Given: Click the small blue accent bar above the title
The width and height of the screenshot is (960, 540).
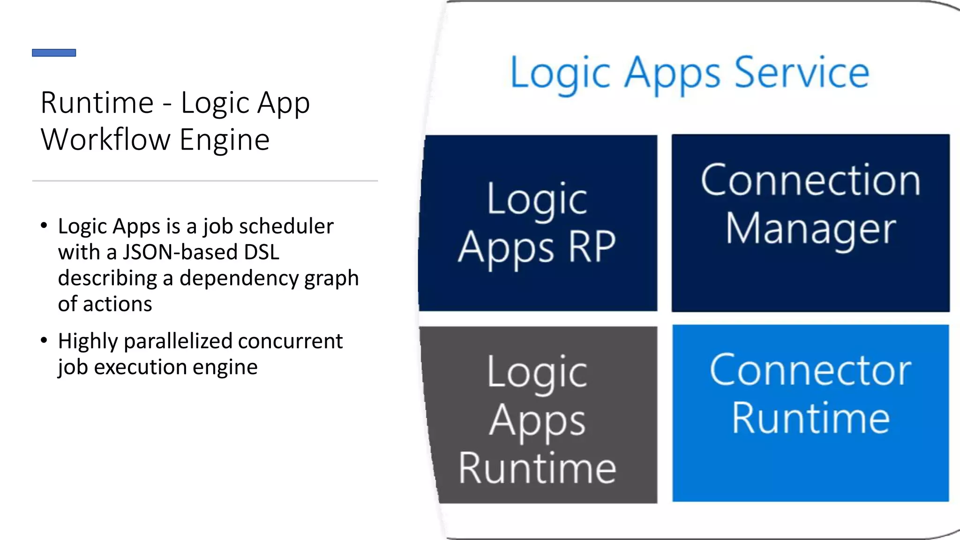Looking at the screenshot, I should coord(54,52).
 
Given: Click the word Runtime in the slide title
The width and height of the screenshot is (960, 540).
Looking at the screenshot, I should coord(97,103).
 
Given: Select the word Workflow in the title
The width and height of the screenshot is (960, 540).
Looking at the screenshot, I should coord(105,140).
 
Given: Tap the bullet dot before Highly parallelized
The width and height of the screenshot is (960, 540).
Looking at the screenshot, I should coord(44,340).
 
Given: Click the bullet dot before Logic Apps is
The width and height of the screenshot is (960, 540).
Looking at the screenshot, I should coord(44,225).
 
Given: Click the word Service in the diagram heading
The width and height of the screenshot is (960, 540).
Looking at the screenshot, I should coord(802,73).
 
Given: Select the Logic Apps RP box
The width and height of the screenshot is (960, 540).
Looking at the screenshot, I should coord(538,223).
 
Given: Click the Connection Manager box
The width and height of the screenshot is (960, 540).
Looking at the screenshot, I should coord(810,223).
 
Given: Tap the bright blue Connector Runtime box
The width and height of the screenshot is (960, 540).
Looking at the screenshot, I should coord(810,413).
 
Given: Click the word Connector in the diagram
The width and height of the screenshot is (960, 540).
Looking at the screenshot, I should coord(810,370).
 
